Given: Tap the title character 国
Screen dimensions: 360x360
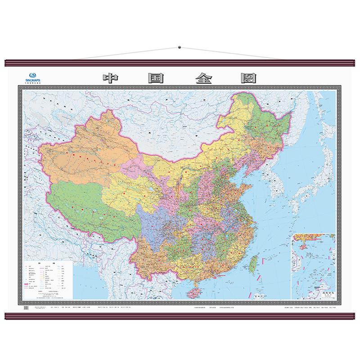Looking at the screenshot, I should click(x=156, y=78).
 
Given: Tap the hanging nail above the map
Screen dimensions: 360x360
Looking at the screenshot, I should click(x=180, y=46).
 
